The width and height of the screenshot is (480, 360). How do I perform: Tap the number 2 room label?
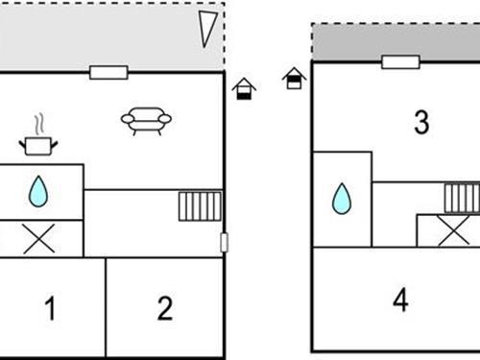(165, 308)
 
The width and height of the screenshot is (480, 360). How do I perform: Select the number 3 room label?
(420, 122)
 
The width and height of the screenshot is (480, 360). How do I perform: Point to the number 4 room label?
(400, 300)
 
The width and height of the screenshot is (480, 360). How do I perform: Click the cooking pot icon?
(37, 145)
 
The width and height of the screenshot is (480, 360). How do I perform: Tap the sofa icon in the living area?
(146, 120)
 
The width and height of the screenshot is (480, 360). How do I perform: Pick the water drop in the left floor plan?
(37, 191)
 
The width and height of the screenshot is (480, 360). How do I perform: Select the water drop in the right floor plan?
(341, 199)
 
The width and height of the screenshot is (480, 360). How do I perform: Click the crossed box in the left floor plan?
(38, 238)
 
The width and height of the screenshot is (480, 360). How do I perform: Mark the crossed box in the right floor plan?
(447, 230)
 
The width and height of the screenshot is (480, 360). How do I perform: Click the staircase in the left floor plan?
(200, 206)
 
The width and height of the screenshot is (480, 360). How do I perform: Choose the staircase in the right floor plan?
(462, 198)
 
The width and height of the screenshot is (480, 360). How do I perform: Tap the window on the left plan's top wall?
(108, 72)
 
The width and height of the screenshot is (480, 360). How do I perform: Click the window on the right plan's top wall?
(400, 62)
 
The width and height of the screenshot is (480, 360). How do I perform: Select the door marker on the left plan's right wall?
(224, 242)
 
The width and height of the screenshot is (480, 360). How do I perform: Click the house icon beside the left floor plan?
(245, 88)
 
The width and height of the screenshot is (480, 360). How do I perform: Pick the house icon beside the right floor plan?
(294, 77)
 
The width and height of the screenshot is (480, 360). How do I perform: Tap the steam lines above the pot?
(38, 125)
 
